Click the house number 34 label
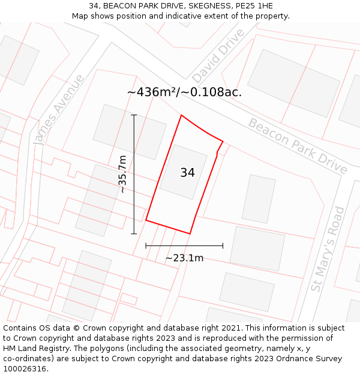[x=187, y=173]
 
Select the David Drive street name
[x=218, y=56]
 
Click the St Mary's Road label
[x=328, y=249]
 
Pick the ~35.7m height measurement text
[x=122, y=174]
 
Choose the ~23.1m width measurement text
[x=184, y=258]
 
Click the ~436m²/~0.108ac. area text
[x=184, y=92]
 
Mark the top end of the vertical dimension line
[x=134, y=115]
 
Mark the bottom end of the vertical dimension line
[x=134, y=233]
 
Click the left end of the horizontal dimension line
[x=146, y=245]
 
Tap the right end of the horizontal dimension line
[x=223, y=245]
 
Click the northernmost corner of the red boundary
[x=181, y=115]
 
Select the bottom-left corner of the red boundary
[x=146, y=220]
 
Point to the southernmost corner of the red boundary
[x=190, y=233]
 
